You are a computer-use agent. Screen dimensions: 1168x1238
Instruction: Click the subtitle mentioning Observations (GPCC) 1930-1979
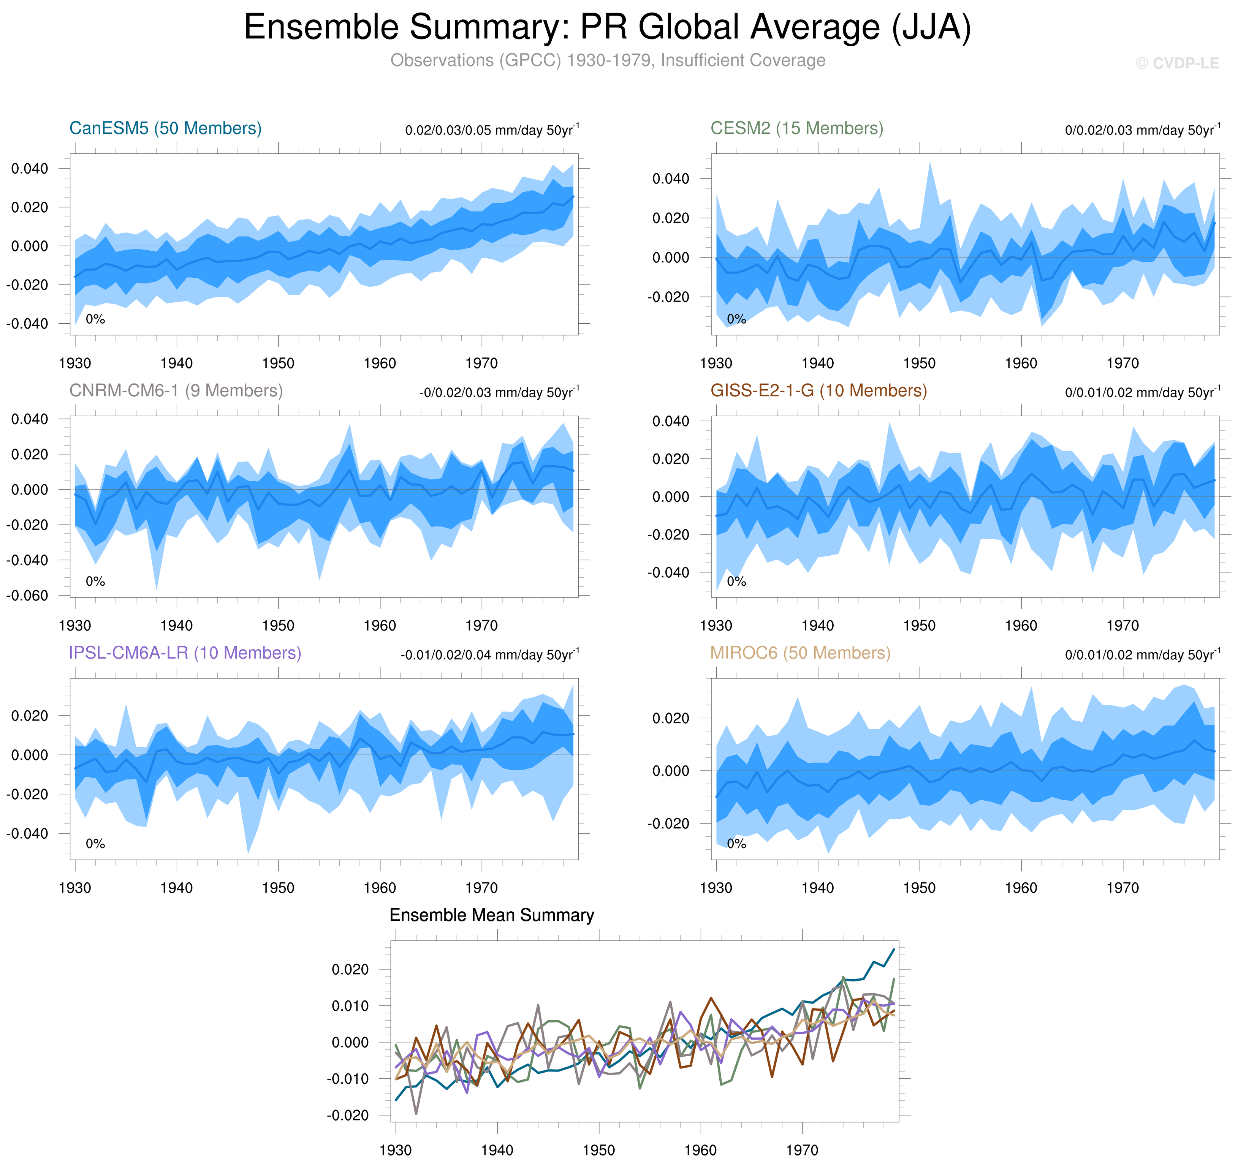607,60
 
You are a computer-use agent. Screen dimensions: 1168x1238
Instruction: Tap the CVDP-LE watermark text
1177,63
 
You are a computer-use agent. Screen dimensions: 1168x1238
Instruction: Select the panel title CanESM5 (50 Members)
165,128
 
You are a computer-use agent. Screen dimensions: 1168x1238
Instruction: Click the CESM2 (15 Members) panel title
796,128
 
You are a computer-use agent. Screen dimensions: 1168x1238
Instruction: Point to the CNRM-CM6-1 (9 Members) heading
176,390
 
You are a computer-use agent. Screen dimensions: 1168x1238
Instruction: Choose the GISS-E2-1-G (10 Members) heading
818,390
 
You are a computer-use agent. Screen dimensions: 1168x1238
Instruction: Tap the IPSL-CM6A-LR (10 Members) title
185,653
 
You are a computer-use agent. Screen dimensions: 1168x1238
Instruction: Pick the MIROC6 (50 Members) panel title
800,653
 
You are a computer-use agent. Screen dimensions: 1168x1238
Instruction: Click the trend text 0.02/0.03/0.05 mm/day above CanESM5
492,130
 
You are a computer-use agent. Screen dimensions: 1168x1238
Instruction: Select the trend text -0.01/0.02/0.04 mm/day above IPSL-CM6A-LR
489,655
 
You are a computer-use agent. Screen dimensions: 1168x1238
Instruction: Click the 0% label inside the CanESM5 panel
95,319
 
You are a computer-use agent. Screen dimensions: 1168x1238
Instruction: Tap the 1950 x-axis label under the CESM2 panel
919,364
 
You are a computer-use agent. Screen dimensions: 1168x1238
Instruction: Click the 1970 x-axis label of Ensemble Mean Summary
802,1150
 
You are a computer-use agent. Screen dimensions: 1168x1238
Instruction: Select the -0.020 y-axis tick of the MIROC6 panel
668,824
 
